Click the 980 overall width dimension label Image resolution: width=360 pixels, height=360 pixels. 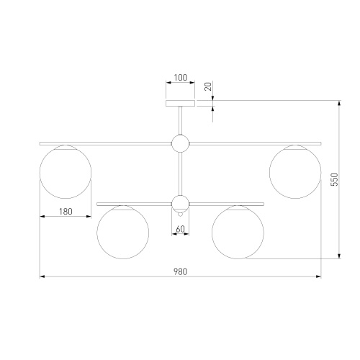(x=180, y=271)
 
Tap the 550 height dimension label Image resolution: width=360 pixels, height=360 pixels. (x=334, y=179)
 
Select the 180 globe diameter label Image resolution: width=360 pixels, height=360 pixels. (x=66, y=212)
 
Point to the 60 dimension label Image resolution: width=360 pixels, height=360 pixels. (x=180, y=229)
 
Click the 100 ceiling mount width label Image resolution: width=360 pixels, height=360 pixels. (x=180, y=78)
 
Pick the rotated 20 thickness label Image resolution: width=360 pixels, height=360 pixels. (x=208, y=86)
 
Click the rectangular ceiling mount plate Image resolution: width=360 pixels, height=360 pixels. (x=180, y=103)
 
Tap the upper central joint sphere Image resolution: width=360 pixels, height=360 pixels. (x=180, y=143)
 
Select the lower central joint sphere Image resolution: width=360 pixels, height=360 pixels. (x=180, y=204)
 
